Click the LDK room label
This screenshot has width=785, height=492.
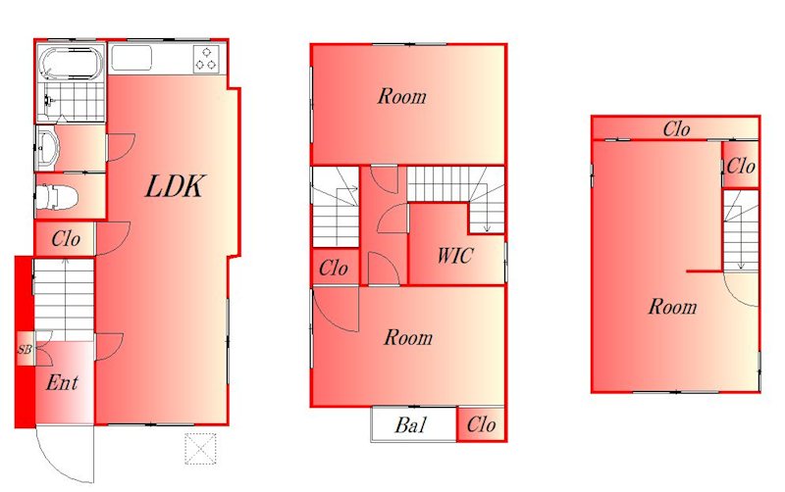[175, 186]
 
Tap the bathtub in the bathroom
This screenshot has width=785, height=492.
[71, 64]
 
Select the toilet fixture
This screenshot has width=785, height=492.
[57, 197]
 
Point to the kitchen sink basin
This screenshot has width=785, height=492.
[131, 59]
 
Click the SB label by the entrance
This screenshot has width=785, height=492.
[25, 349]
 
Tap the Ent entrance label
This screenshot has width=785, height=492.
[62, 383]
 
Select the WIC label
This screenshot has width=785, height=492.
[454, 256]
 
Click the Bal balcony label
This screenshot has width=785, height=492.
[410, 425]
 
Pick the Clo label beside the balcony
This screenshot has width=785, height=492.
[481, 425]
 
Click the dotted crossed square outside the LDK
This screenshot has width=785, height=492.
[200, 449]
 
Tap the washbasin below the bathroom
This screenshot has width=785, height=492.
[47, 148]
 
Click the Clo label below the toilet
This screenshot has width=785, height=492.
[66, 238]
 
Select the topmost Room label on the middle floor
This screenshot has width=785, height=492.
[402, 96]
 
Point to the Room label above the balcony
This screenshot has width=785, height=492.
[408, 337]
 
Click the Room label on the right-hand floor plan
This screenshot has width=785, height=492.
[672, 307]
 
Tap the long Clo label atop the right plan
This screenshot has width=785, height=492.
[676, 129]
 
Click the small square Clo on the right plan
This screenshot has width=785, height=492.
[741, 165]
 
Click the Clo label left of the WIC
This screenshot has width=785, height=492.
[334, 268]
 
